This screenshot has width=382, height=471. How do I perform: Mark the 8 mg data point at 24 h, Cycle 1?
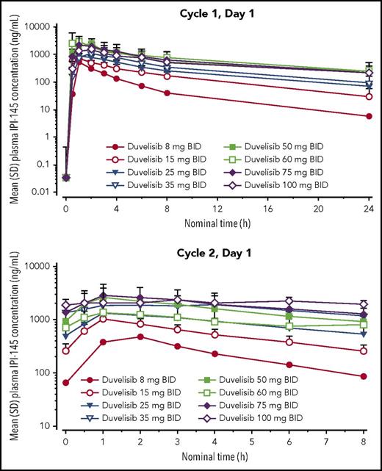pos(369,116)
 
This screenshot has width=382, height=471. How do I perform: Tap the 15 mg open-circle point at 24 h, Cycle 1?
pos(369,97)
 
